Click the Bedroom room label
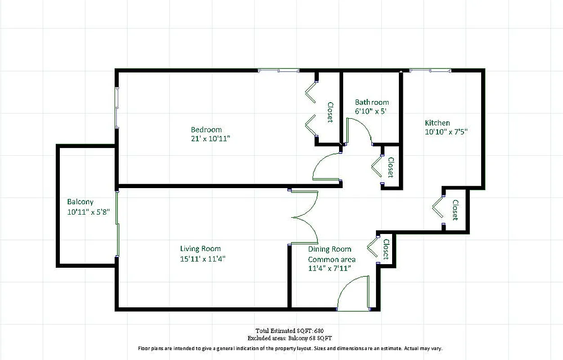pyautogui.click(x=206, y=130)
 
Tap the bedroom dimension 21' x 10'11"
pyautogui.click(x=210, y=139)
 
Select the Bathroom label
pyautogui.click(x=371, y=102)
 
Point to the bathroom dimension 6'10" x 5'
pyautogui.click(x=371, y=111)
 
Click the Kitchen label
pyautogui.click(x=437, y=123)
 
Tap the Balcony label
pyautogui.click(x=80, y=202)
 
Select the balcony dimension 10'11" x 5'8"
pyautogui.click(x=89, y=211)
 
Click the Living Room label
pyautogui.click(x=200, y=249)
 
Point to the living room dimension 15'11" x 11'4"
pyautogui.click(x=202, y=259)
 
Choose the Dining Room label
pyautogui.click(x=329, y=249)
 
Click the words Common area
pyautogui.click(x=331, y=259)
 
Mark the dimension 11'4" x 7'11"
pyautogui.click(x=329, y=268)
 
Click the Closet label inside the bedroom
pyautogui.click(x=330, y=112)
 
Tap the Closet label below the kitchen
pyautogui.click(x=455, y=210)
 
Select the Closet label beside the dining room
pyautogui.click(x=385, y=249)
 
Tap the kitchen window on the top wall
pyautogui.click(x=430, y=71)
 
